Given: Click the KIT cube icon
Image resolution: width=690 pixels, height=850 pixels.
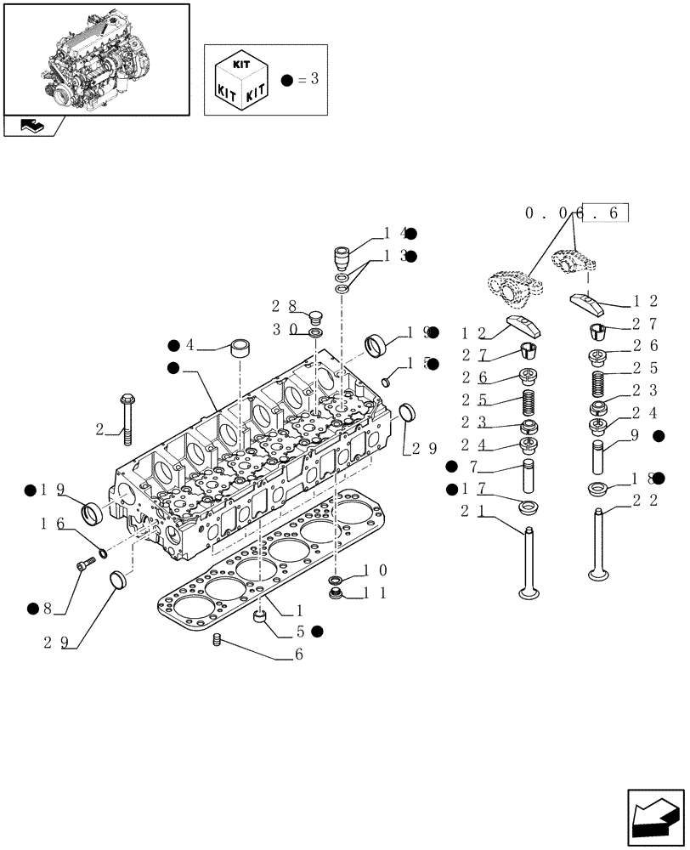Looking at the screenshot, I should coord(243,80).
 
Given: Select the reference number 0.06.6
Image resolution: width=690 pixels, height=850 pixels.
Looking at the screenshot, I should coord(576,214).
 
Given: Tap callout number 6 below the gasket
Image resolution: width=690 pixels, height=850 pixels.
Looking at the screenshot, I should coord(298,654).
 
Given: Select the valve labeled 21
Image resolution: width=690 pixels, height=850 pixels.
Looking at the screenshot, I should coord(529,561).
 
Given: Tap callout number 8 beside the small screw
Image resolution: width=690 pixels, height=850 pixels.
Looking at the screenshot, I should coord(47,608).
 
